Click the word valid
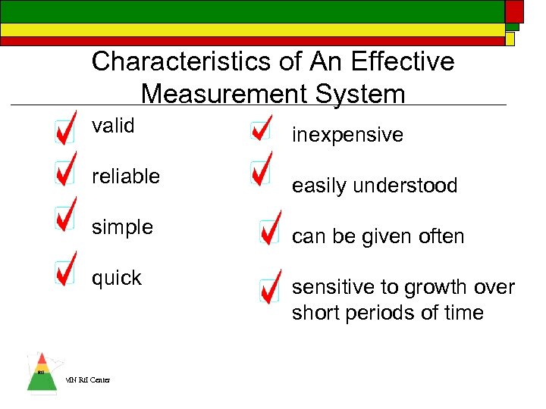[113, 126]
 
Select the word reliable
[126, 176]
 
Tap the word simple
[122, 227]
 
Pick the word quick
[117, 278]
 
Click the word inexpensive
[348, 135]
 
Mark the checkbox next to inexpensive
[259, 131]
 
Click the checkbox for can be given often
[268, 233]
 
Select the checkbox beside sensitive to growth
[268, 289]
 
